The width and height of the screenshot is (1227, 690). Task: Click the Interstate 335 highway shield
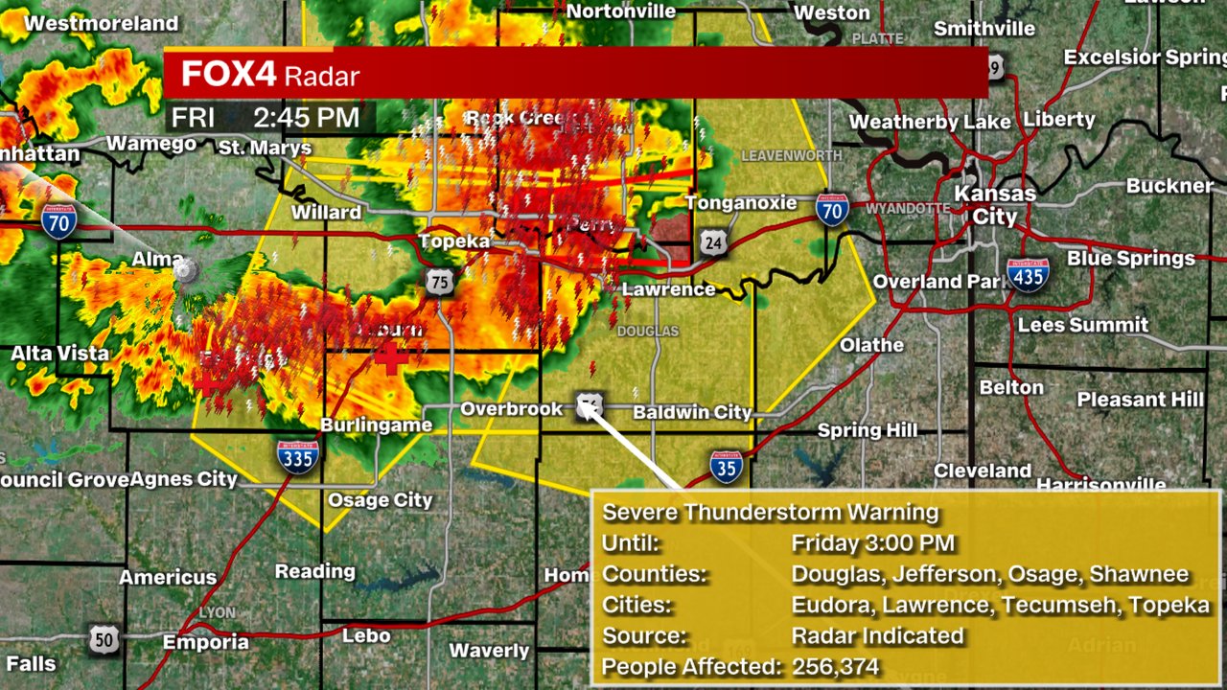tap(298, 457)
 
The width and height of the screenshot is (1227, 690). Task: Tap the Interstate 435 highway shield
tap(1028, 274)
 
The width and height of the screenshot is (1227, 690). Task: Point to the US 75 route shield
tap(440, 282)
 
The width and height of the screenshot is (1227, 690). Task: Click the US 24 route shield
tap(711, 242)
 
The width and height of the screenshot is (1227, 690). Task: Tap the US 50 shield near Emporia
tap(104, 640)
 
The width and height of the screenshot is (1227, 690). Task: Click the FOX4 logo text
tap(228, 74)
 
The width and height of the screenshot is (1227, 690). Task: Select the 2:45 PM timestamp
tap(306, 118)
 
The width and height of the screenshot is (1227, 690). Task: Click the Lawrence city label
tap(669, 288)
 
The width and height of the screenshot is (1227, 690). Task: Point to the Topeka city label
tap(454, 241)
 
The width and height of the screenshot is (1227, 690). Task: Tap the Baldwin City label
tap(692, 412)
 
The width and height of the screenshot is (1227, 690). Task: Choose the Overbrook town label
tap(512, 409)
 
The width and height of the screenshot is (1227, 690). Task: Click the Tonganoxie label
tap(741, 203)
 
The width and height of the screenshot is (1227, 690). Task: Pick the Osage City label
tap(380, 499)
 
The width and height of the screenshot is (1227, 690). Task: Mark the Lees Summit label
tap(1082, 325)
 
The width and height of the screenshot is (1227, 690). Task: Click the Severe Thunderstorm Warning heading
tap(770, 513)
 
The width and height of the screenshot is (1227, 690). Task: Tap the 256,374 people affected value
tap(835, 666)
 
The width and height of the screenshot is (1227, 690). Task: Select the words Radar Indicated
tap(877, 635)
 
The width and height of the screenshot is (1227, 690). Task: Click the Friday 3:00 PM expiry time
tap(872, 543)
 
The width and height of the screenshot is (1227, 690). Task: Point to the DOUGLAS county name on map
tap(647, 332)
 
